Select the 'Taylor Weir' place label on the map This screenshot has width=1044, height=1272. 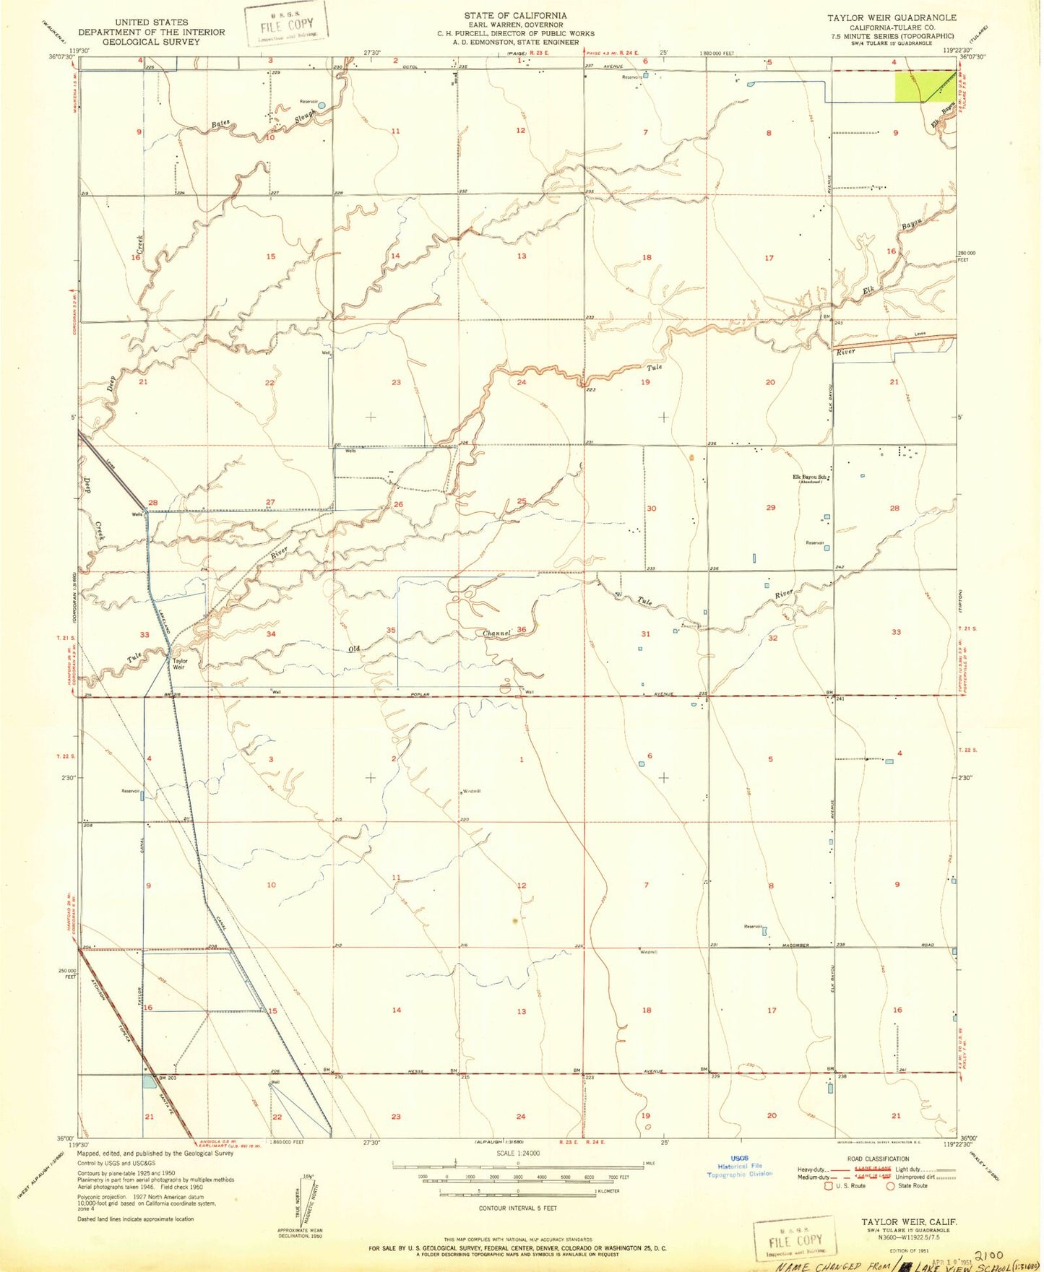coord(179,664)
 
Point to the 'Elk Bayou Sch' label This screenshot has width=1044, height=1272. coord(810,477)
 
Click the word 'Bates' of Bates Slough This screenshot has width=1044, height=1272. coord(220,124)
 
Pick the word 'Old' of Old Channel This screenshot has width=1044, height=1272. coord(354,649)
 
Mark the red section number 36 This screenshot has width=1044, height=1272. coord(521,631)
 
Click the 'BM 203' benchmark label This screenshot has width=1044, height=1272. coord(167,1078)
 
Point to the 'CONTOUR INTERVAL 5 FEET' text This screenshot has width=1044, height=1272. coord(517,1208)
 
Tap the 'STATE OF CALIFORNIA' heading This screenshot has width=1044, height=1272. coord(515,15)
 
